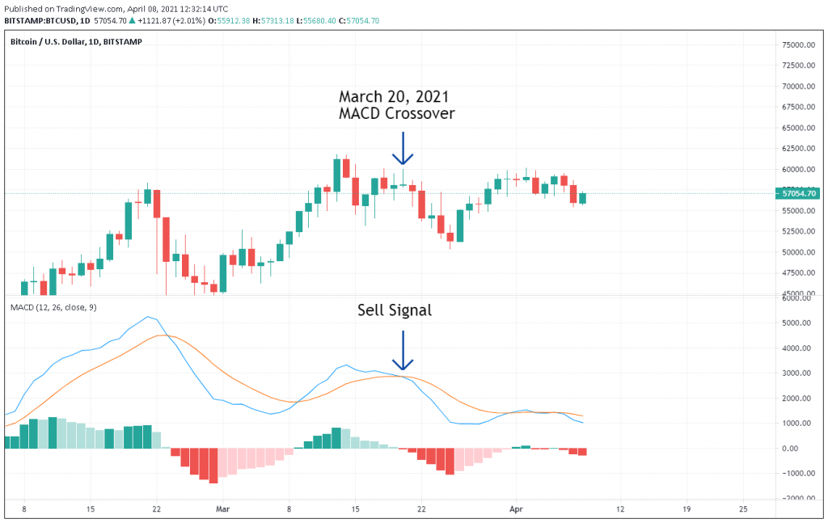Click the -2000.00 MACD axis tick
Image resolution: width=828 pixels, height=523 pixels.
click(x=795, y=498)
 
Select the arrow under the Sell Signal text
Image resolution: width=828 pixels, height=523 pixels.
click(x=403, y=352)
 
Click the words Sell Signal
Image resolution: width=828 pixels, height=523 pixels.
click(x=395, y=310)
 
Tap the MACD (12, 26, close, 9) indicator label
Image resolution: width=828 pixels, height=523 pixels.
click(x=53, y=308)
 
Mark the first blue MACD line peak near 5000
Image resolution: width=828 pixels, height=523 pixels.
click(x=147, y=317)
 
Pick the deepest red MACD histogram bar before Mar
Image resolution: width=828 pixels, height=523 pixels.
click(x=213, y=466)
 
